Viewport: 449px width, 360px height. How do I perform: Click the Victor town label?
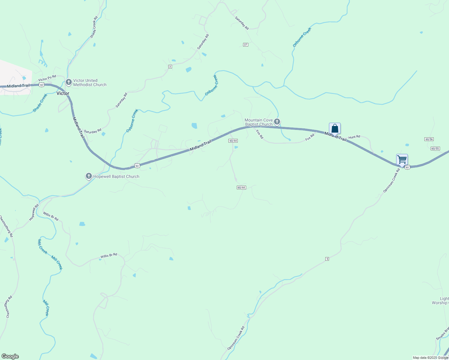point(63,93)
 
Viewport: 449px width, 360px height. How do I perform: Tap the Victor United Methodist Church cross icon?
point(68,82)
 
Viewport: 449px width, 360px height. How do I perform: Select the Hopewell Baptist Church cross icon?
point(89,176)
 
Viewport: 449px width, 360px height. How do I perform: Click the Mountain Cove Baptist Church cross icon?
point(277,121)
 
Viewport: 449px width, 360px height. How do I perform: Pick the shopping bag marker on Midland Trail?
point(335,128)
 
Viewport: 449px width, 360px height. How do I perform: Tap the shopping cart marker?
point(402,160)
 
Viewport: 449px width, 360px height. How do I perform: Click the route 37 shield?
point(246,45)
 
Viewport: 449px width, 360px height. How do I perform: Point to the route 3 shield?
point(170,67)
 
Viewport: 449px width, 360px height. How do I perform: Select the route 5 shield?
point(327,259)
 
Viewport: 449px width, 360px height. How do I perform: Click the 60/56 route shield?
point(429,139)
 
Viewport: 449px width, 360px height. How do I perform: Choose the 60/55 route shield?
point(435,148)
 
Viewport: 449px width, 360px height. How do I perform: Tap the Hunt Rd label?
point(354,137)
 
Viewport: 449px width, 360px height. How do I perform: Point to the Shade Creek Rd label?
point(94,27)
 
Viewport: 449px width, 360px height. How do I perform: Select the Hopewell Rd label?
point(34,212)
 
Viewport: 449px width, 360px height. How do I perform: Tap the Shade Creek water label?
point(40,103)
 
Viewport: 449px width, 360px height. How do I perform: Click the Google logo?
point(10,356)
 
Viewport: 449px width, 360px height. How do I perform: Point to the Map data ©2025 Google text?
point(430,358)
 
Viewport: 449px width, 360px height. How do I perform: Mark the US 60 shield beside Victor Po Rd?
point(41,85)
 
